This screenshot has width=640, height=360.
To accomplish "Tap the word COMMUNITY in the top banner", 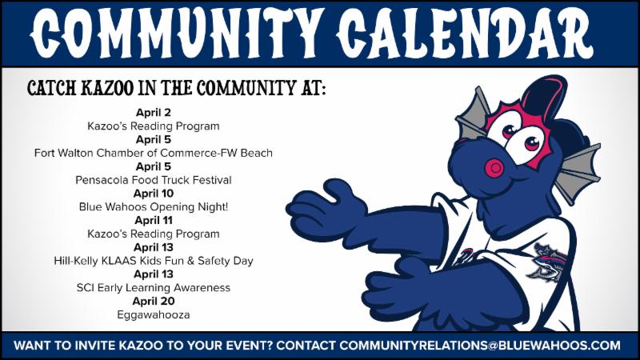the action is (175, 34).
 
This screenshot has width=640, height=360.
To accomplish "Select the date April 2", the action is (154, 113).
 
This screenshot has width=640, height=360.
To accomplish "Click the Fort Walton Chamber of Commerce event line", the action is (154, 153).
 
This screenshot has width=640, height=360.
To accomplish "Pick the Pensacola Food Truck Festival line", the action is (154, 180).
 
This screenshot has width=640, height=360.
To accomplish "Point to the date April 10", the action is (154, 194).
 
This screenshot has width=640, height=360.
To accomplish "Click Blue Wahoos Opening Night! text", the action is (154, 207).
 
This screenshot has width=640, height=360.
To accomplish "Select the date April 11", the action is (154, 221).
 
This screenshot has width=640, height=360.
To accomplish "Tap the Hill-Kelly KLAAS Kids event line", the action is (154, 261).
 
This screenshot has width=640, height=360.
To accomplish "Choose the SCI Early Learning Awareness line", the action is (154, 288).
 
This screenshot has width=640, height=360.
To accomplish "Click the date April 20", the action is (154, 302).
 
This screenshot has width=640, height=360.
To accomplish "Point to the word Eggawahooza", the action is (154, 315).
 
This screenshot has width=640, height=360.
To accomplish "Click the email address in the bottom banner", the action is (480, 346).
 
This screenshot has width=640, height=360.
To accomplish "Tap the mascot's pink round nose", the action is (495, 167).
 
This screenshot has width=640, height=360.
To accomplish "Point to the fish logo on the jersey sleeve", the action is (547, 261).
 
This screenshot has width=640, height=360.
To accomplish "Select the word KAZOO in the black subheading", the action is (108, 88).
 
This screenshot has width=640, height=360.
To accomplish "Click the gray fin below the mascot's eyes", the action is (578, 171).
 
